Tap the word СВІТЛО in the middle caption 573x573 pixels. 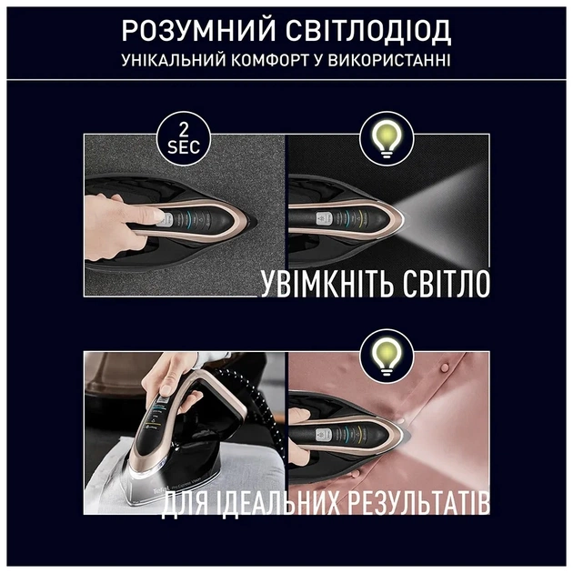point(438,282)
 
